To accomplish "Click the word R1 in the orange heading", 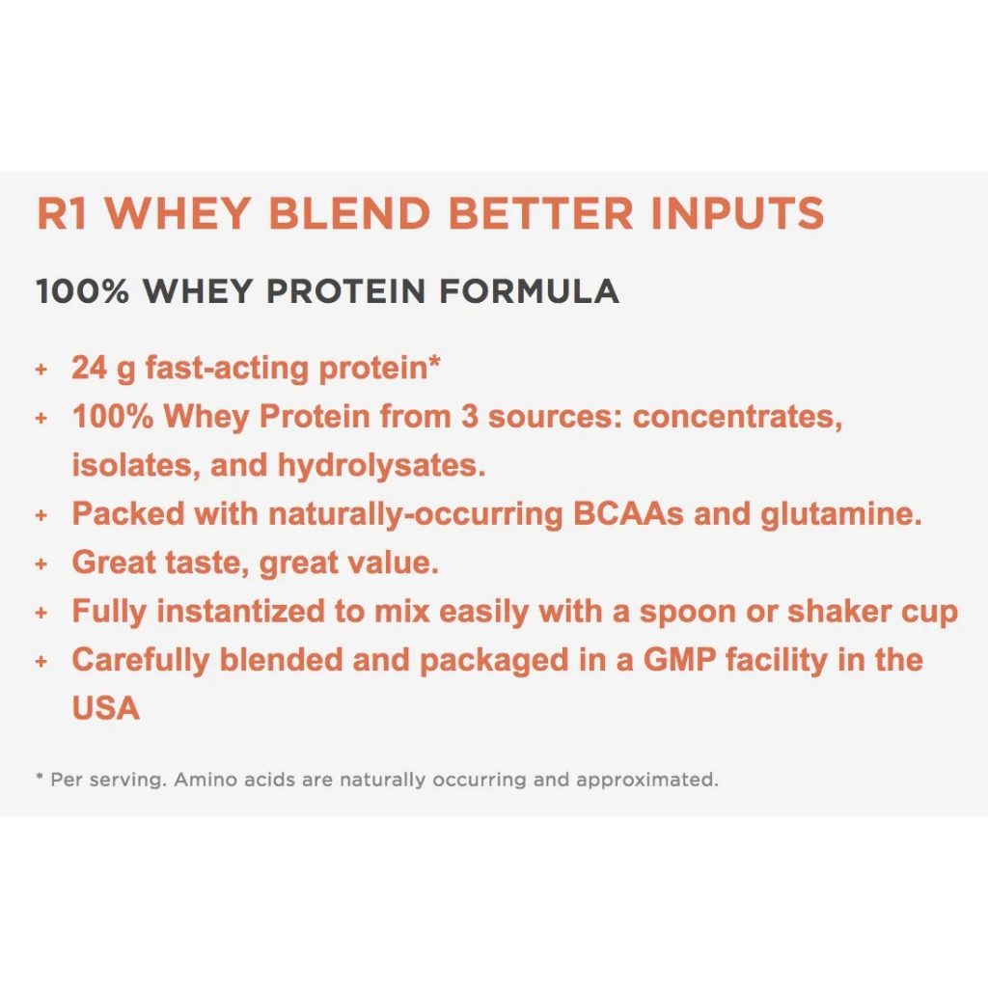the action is coord(62,213).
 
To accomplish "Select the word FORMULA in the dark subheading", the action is coord(529,291).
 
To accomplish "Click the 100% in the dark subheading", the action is coord(83,291).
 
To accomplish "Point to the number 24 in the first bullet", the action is coord(89,368).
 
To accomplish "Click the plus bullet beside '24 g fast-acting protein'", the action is coord(41,369).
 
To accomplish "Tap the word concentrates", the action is coord(737,417).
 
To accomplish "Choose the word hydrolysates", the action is coord(381,465).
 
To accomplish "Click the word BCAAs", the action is coord(628,514).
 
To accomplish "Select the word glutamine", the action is coord(841,515).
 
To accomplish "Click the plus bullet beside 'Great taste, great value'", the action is coord(41,563).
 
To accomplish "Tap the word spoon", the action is coord(687,613).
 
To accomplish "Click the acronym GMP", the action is coord(679,660).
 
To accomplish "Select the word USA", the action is coord(106,708).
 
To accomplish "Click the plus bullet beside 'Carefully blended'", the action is coord(41,661).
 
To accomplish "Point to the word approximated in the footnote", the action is coord(647,781).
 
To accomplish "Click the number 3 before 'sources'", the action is coord(470,417).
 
